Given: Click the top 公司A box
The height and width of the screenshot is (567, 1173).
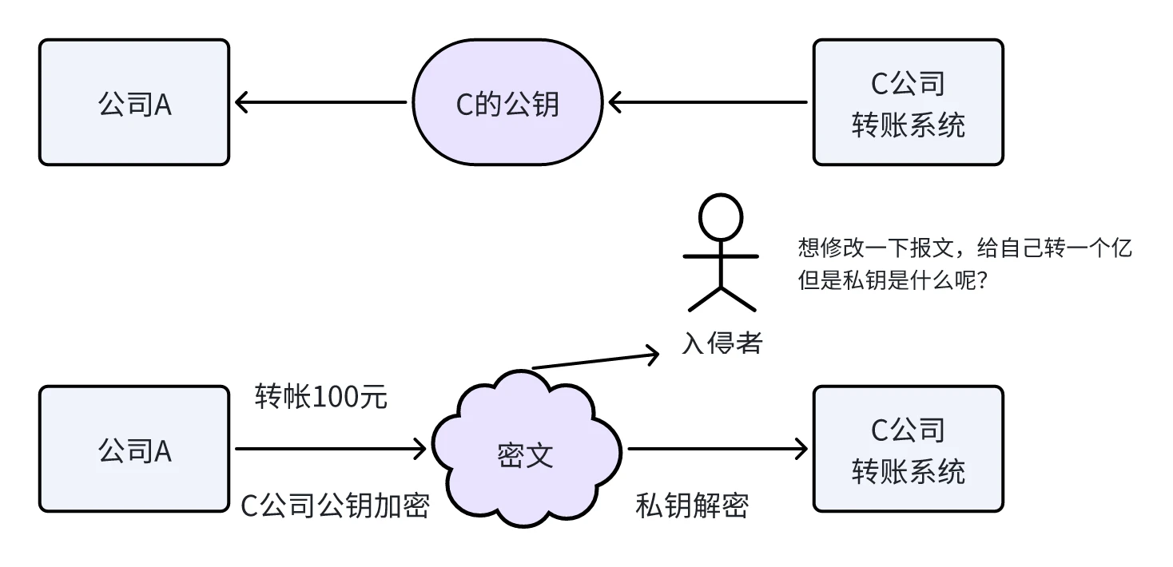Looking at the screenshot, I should pyautogui.click(x=134, y=103).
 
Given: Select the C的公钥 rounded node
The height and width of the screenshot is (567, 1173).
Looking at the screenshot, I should pyautogui.click(x=507, y=103).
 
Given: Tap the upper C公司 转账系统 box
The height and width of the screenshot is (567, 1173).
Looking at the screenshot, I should pyautogui.click(x=908, y=103).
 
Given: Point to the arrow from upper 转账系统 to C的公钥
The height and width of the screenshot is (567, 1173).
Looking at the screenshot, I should pyautogui.click(x=708, y=102).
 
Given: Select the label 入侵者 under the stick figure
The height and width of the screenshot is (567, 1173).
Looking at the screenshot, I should pyautogui.click(x=722, y=343).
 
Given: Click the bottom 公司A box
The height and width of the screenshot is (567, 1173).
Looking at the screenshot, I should pyautogui.click(x=134, y=450).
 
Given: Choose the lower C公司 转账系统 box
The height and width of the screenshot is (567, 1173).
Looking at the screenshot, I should pyautogui.click(x=908, y=450).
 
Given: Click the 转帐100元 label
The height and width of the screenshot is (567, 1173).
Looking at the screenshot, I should pyautogui.click(x=321, y=397).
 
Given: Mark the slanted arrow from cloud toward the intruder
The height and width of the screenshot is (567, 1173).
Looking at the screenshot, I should pyautogui.click(x=595, y=359).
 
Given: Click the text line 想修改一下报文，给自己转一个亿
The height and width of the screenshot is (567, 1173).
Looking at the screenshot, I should pyautogui.click(x=965, y=248).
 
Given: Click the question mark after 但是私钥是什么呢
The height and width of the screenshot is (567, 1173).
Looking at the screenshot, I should pyautogui.click(x=985, y=281).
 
